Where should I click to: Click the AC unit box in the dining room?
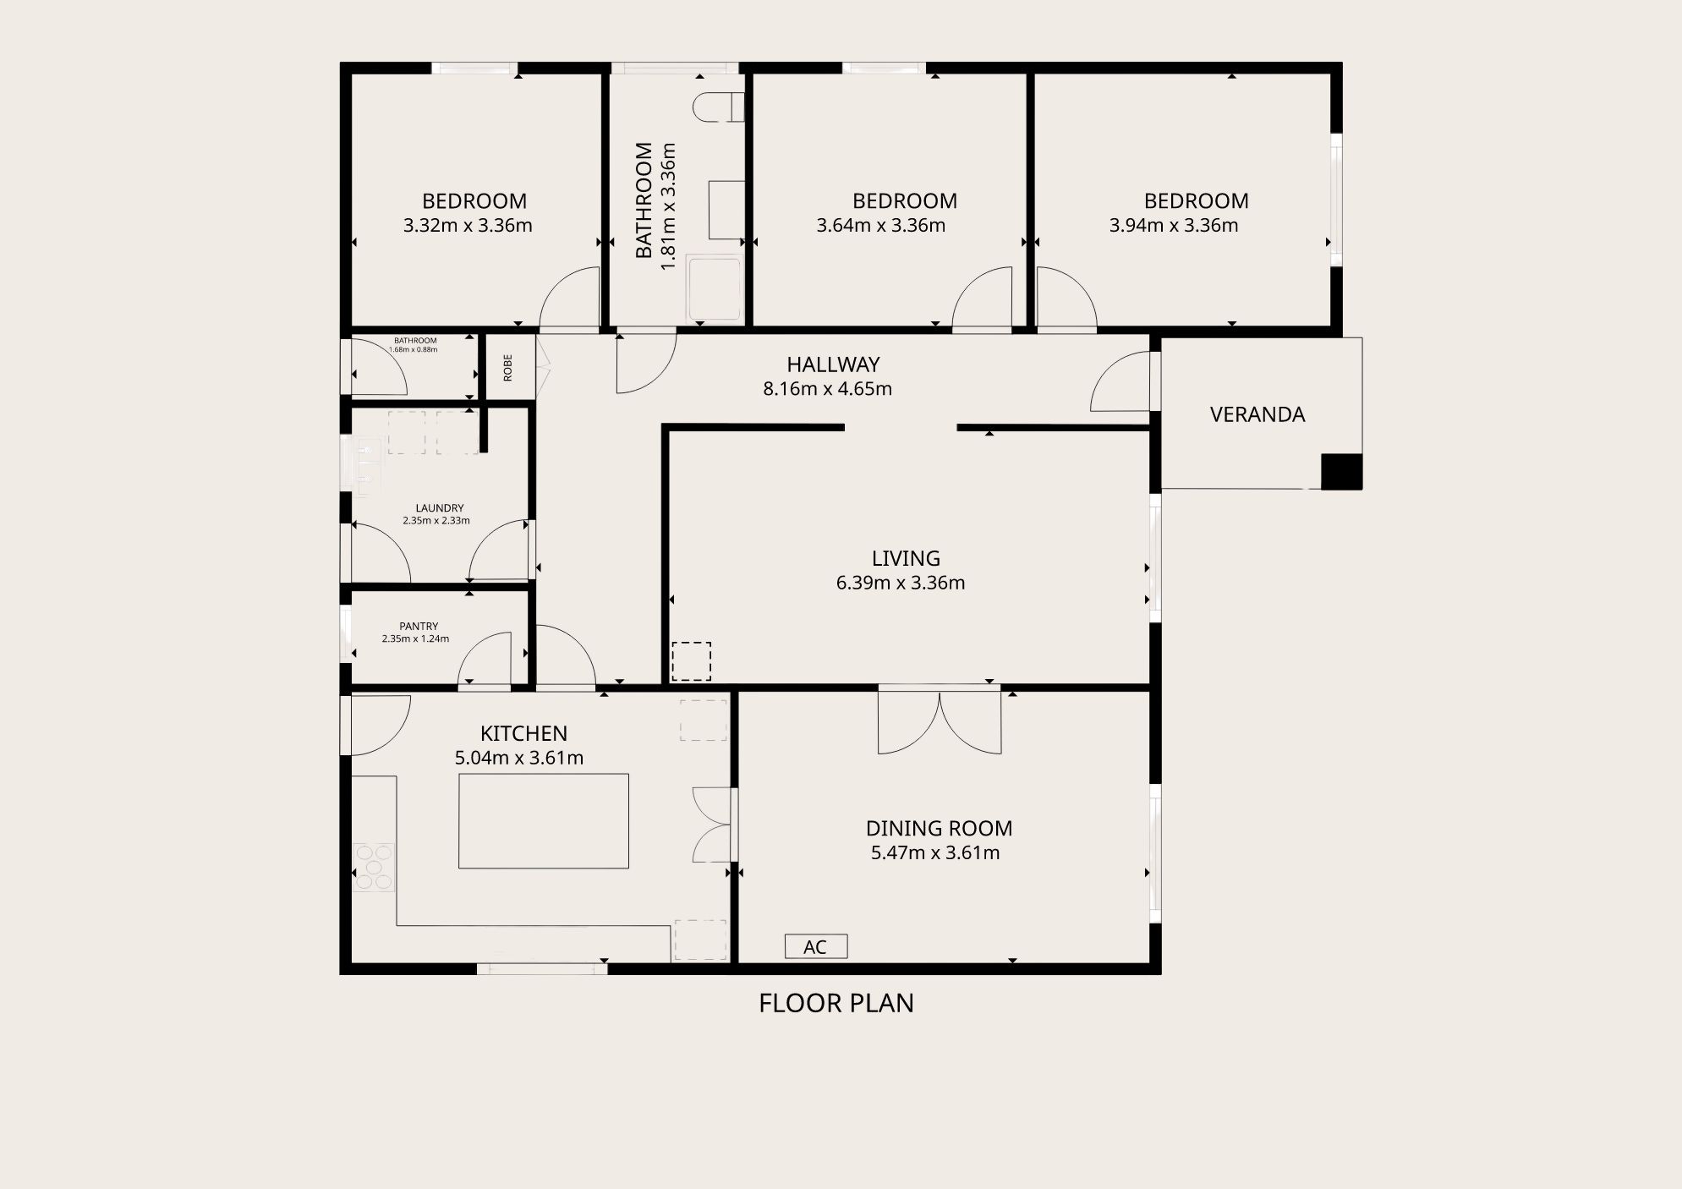click(x=816, y=946)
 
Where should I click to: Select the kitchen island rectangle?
click(x=544, y=821)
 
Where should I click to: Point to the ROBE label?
click(x=508, y=368)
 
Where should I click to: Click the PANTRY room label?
click(x=419, y=627)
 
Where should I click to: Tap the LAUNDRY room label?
click(x=440, y=508)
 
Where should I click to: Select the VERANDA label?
click(x=1257, y=414)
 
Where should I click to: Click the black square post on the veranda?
click(x=1342, y=472)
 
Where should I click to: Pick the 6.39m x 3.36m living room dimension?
click(x=901, y=583)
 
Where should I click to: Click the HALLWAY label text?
click(x=834, y=364)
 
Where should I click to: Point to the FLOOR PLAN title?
click(x=836, y=1003)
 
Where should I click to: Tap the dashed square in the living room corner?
click(x=692, y=661)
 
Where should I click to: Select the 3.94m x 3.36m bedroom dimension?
click(x=1174, y=226)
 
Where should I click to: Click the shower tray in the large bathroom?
click(x=715, y=288)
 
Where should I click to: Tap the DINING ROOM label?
click(x=940, y=829)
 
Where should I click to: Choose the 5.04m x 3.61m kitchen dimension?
click(x=519, y=758)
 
